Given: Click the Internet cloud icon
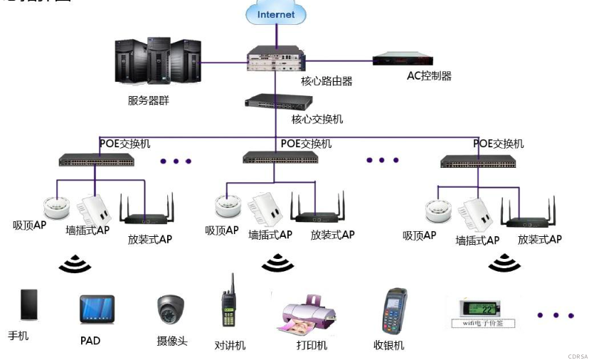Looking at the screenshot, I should pos(276,14).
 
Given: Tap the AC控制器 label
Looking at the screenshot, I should pos(429,76).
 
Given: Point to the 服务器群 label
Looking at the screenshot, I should pos(148,100).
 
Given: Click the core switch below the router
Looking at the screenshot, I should pos(274,102).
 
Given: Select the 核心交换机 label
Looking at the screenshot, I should pos(317,120).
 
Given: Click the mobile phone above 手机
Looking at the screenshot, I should pos(28,305).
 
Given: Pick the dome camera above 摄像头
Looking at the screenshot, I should pos(171,310).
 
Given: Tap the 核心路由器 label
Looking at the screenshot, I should pos(327,81).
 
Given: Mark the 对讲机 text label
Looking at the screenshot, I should pos(230,345).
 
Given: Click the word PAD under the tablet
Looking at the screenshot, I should pos(90,341).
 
